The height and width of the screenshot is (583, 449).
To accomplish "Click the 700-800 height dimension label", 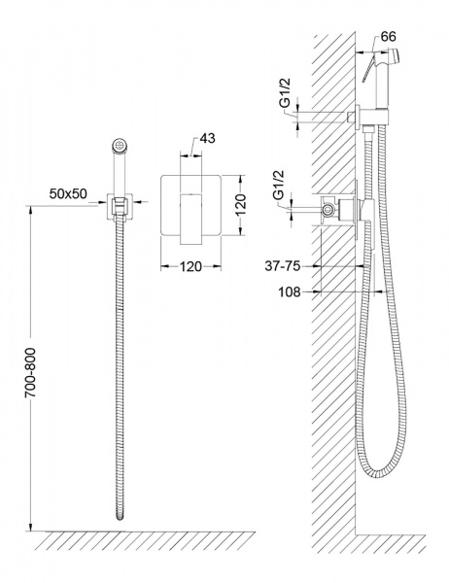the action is [30, 372].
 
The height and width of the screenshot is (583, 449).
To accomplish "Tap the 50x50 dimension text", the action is [68, 193].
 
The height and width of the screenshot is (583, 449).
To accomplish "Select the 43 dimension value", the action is [207, 138].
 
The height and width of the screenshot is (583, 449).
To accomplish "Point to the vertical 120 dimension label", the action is [241, 204].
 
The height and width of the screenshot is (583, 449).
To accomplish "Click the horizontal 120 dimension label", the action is [190, 266].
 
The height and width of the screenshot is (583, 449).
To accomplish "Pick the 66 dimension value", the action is [389, 37].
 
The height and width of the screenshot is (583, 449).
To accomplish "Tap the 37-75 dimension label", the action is [282, 266].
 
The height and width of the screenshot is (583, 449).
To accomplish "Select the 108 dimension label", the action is [290, 292].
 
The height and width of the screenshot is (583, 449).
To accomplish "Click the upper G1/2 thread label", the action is [286, 92].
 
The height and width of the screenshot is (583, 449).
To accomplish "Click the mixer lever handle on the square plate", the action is [190, 219].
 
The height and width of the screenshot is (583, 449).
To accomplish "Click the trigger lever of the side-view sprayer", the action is [368, 70].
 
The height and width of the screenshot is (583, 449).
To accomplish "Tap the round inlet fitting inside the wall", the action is [328, 210].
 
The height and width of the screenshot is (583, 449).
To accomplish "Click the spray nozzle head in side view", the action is [395, 54].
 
